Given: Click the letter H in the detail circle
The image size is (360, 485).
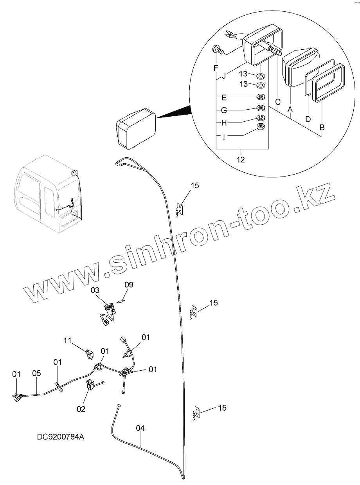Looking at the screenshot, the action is pos(224,123).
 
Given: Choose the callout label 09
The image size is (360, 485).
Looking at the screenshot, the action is pos(129,285).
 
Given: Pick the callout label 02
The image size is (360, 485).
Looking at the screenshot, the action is pos(81,409).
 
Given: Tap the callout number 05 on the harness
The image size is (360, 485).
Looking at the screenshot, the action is pos(36,373).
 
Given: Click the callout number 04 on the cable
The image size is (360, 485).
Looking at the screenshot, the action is pos(140,428).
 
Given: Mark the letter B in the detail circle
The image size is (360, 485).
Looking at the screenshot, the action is pos(322,127).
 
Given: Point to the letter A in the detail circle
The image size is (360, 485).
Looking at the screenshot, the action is pos(290,110).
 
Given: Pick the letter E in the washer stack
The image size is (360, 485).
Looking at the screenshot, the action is pos(224,97).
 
